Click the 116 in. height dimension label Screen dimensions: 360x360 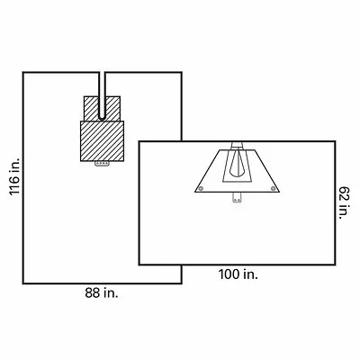tap(14, 176)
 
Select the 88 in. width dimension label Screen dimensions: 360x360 tap(102, 293)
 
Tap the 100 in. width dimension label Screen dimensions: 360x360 tap(238, 274)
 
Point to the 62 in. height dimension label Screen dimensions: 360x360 tap(345, 202)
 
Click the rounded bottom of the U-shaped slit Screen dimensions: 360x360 tap(102, 119)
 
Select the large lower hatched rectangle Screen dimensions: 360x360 tap(102, 141)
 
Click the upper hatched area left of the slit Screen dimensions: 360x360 tap(91, 109)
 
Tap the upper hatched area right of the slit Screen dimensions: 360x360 tap(112, 109)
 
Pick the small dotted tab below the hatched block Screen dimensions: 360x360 tap(102, 164)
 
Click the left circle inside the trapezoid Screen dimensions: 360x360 tap(201, 188)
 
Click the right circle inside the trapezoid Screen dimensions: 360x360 tap(273, 188)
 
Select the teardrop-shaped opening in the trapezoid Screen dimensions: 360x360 tap(237, 164)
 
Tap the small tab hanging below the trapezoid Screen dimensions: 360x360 tap(237, 197)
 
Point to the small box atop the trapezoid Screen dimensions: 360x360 tap(237, 145)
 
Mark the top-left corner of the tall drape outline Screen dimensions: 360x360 tap(23, 72)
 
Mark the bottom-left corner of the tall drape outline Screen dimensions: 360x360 tap(23, 283)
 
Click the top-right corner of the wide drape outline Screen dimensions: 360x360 tap(335, 141)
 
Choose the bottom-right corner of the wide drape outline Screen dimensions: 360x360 tap(335, 265)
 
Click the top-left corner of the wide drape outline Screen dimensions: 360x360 tap(139, 141)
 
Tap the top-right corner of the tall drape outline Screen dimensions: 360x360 tap(182, 72)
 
